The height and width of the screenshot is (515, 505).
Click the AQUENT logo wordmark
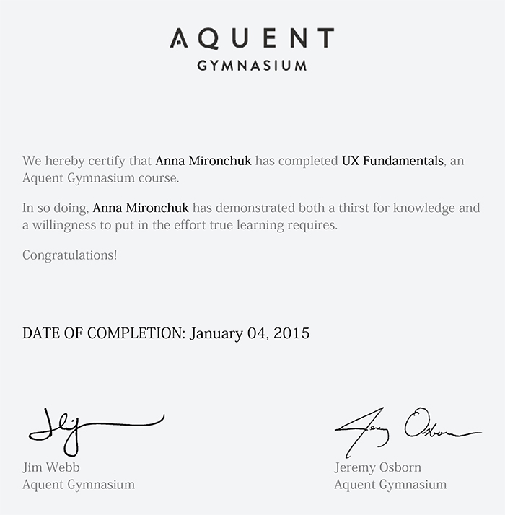click(x=252, y=38)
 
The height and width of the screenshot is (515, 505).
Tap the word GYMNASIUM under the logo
click(x=252, y=65)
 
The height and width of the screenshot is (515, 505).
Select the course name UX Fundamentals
click(x=392, y=161)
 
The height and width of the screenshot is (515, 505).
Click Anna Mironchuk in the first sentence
click(x=203, y=161)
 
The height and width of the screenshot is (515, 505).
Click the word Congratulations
click(x=69, y=255)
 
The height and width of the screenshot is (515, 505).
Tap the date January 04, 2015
click(x=250, y=334)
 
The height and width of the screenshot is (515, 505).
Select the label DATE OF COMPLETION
click(x=104, y=334)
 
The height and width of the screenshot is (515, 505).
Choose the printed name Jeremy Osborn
click(x=377, y=467)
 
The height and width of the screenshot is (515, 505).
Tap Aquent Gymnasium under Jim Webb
click(x=79, y=485)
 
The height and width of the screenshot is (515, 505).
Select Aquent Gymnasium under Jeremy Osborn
click(x=390, y=485)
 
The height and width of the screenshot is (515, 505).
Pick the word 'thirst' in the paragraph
click(x=359, y=208)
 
